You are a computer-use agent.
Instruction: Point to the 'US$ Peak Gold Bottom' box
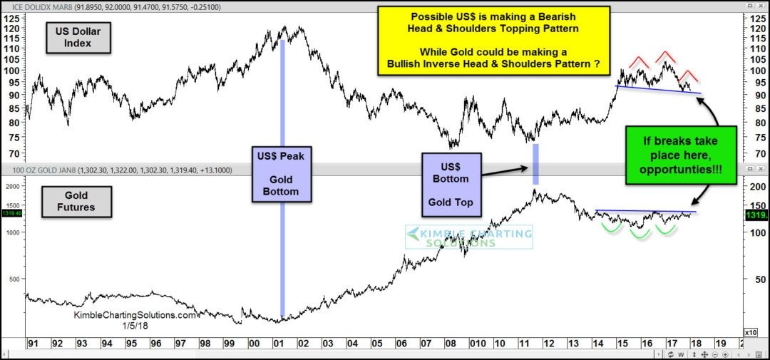[x=283, y=174]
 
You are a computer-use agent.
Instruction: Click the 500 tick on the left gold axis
[x=14, y=279]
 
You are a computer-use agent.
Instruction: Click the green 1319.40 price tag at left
[x=12, y=212]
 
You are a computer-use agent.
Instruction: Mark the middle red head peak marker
[x=667, y=55]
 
